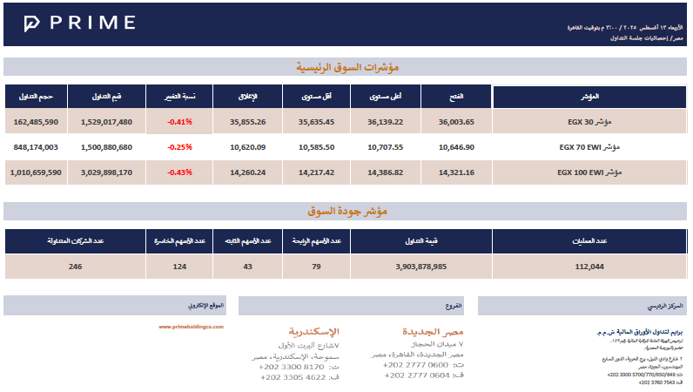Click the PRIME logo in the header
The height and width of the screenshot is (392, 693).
point(79,24)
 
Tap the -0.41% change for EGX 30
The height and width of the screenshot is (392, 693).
point(180,122)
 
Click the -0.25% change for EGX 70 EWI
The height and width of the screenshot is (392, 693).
point(180,147)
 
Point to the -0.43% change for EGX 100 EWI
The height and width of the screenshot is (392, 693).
point(180,172)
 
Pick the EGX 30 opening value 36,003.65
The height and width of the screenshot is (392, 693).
point(456,122)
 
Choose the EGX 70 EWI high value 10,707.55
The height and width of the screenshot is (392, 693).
point(386,147)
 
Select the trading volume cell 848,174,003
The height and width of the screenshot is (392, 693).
point(37,147)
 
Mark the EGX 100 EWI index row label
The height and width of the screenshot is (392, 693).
point(592,172)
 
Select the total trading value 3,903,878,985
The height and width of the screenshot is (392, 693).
point(421,266)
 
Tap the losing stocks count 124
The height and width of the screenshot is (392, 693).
point(180,266)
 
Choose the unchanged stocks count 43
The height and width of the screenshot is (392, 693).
point(247,266)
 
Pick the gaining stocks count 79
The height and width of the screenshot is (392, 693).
point(317,266)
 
